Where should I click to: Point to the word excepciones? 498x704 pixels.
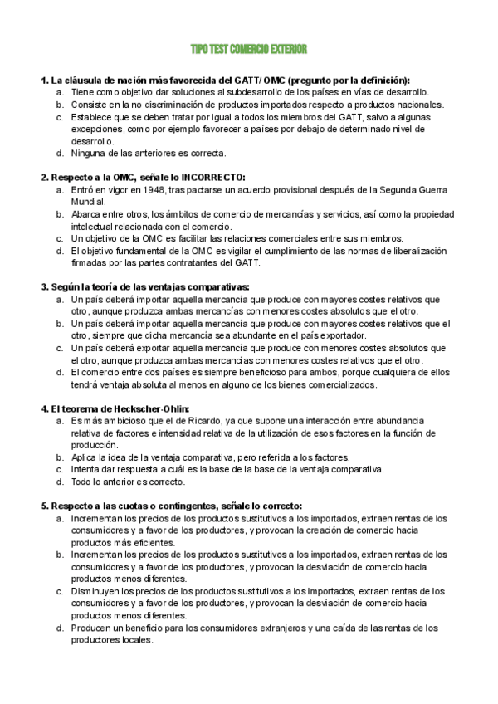95,130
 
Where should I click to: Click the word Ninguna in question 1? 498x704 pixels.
88,154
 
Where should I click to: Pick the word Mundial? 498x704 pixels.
88,202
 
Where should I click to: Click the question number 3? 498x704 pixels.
45,286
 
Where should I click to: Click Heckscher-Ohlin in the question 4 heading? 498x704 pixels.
154,408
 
